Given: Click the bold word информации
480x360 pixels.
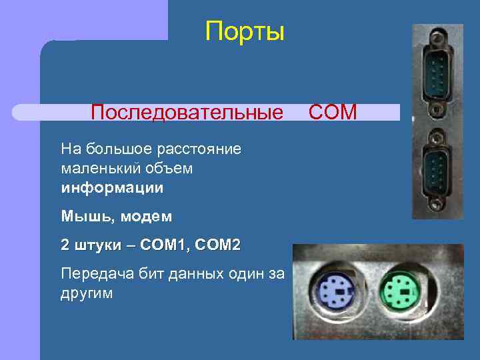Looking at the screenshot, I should coord(112,188).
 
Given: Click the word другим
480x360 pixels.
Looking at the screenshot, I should coord(87,293).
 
